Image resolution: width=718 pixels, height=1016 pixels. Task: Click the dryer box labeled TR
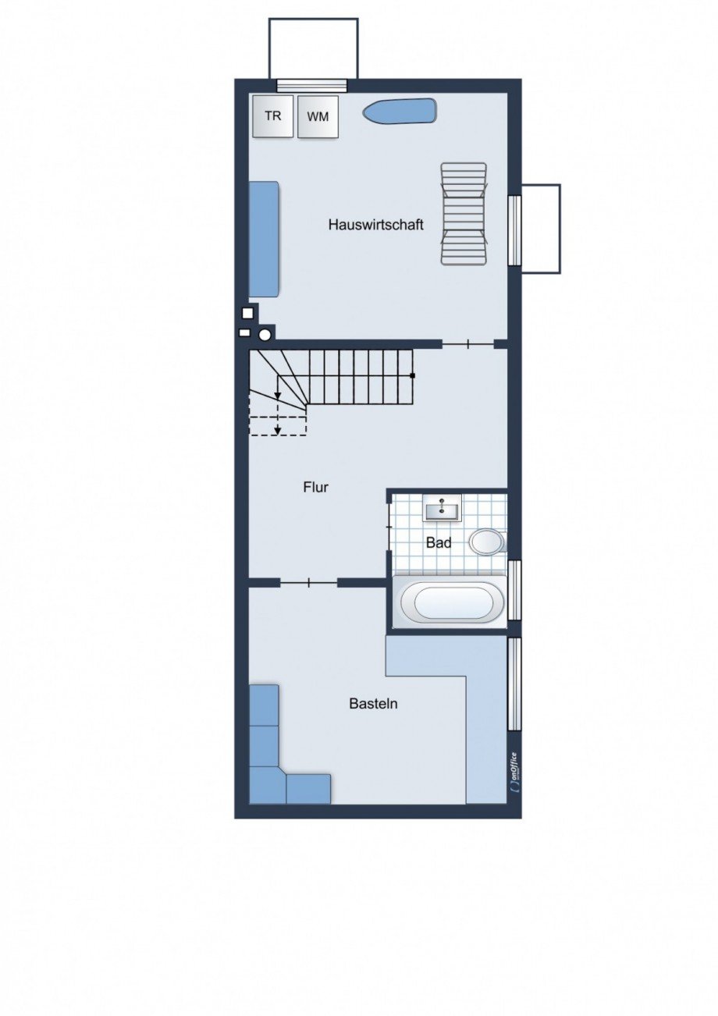[x=273, y=116]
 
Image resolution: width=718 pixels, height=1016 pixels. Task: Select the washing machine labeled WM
[x=318, y=116]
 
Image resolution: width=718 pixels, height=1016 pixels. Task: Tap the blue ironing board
[x=400, y=111]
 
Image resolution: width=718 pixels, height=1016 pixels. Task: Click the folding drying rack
[x=465, y=213]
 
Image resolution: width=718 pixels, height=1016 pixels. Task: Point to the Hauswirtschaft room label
[x=376, y=225]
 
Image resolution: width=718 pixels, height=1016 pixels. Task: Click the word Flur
[x=315, y=488]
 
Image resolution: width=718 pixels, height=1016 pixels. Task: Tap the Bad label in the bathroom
[x=439, y=543]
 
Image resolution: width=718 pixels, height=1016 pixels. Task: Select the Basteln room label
[x=373, y=704]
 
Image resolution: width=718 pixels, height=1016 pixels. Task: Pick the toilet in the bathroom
[x=488, y=542]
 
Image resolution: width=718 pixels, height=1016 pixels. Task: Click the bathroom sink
[x=442, y=507]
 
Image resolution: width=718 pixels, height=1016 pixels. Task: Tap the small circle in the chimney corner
[x=265, y=336]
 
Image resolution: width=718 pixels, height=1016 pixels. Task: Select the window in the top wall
[x=311, y=85]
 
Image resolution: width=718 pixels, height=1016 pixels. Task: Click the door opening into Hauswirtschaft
[x=467, y=345]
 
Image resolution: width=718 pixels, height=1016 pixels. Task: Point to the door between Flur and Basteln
[x=309, y=583]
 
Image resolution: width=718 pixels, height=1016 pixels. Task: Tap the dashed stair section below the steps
[x=278, y=425]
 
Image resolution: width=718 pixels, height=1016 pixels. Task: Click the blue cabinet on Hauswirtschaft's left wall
[x=264, y=240]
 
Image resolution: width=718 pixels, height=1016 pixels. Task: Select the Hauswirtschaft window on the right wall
[x=514, y=230]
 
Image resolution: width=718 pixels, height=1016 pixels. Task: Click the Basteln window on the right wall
[x=514, y=684]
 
